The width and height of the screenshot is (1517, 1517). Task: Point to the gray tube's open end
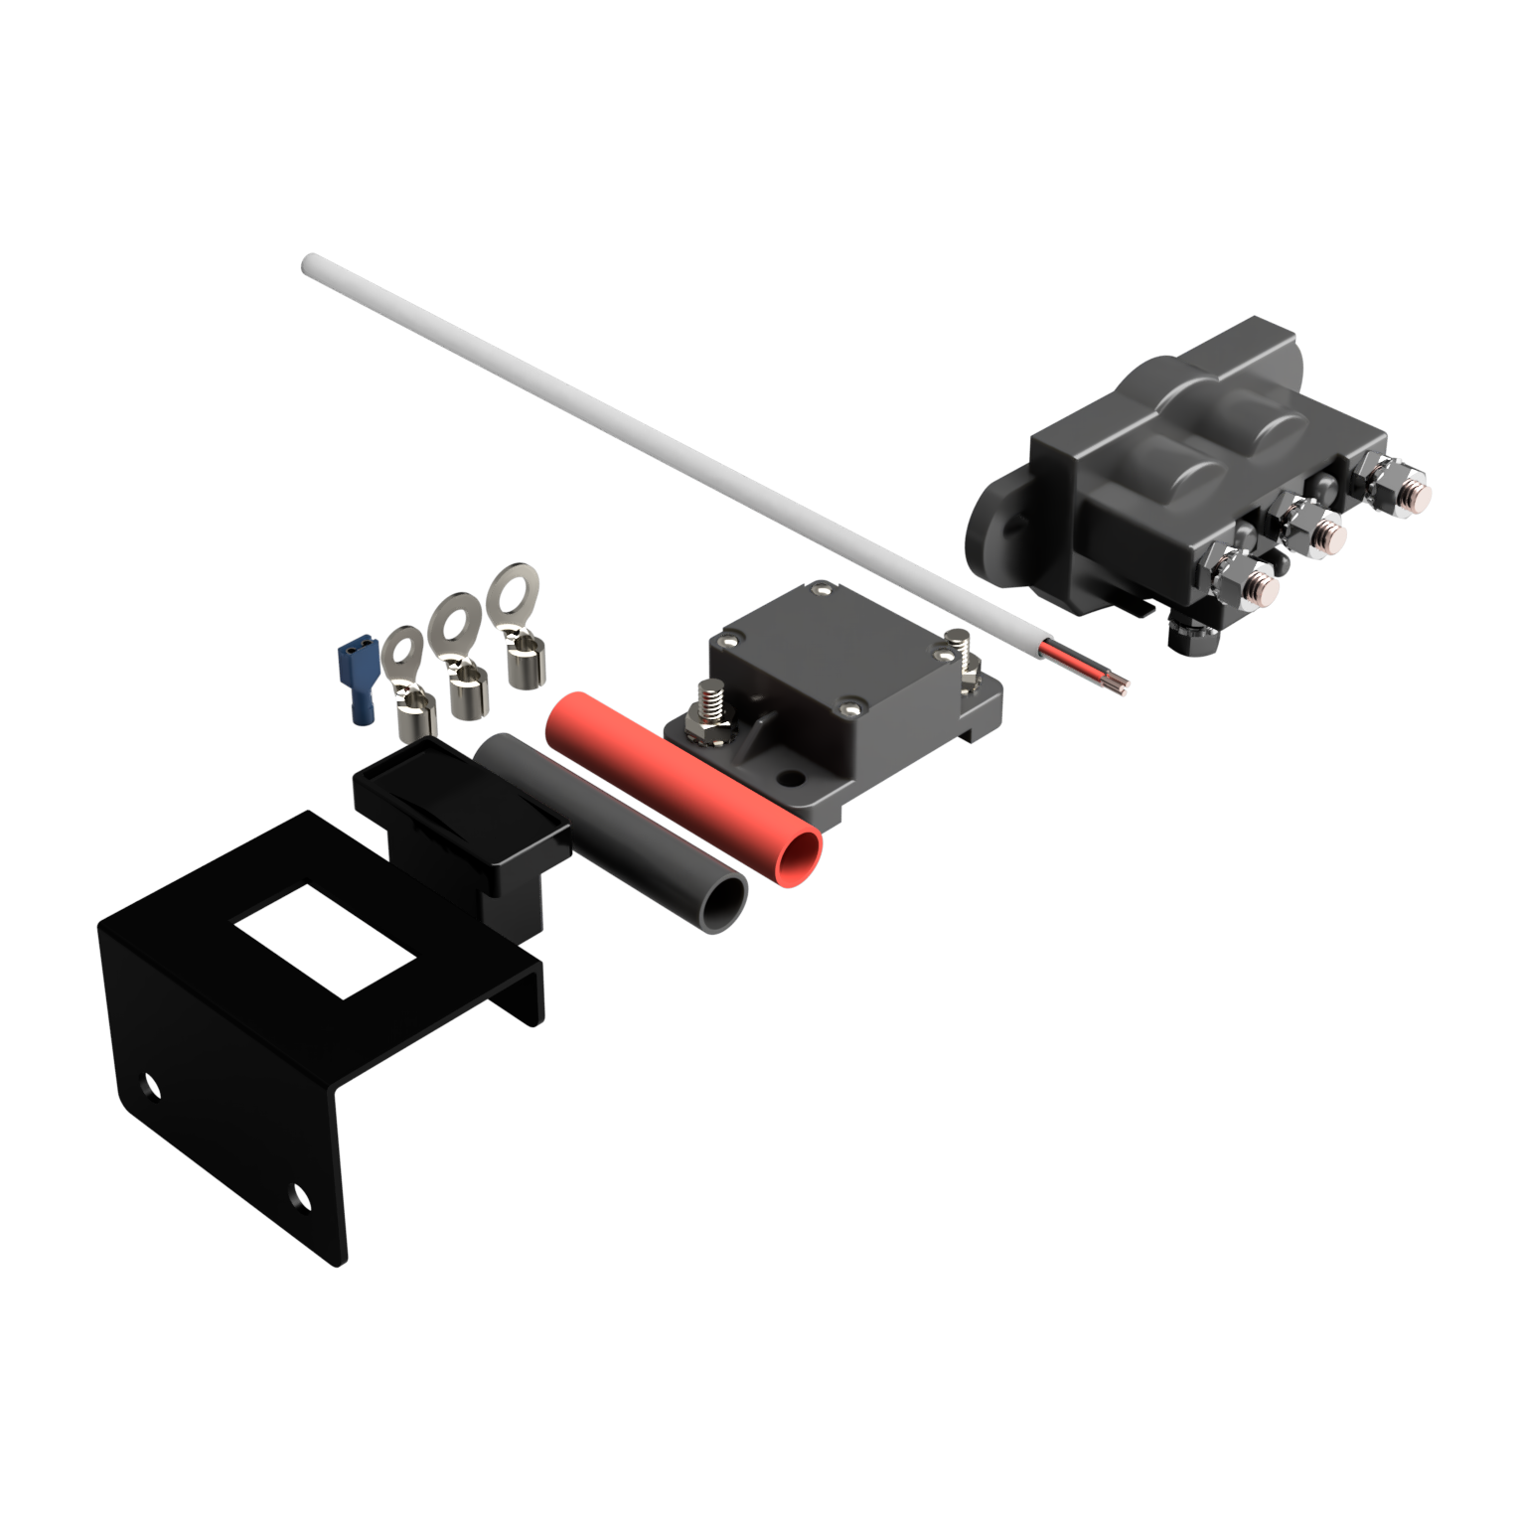[723, 904]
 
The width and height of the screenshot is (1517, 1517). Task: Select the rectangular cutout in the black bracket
[323, 940]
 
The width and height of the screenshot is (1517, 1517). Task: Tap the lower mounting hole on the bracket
[298, 1196]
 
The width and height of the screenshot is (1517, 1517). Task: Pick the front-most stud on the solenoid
[1260, 586]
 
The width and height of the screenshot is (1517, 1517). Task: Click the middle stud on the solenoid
[1326, 536]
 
